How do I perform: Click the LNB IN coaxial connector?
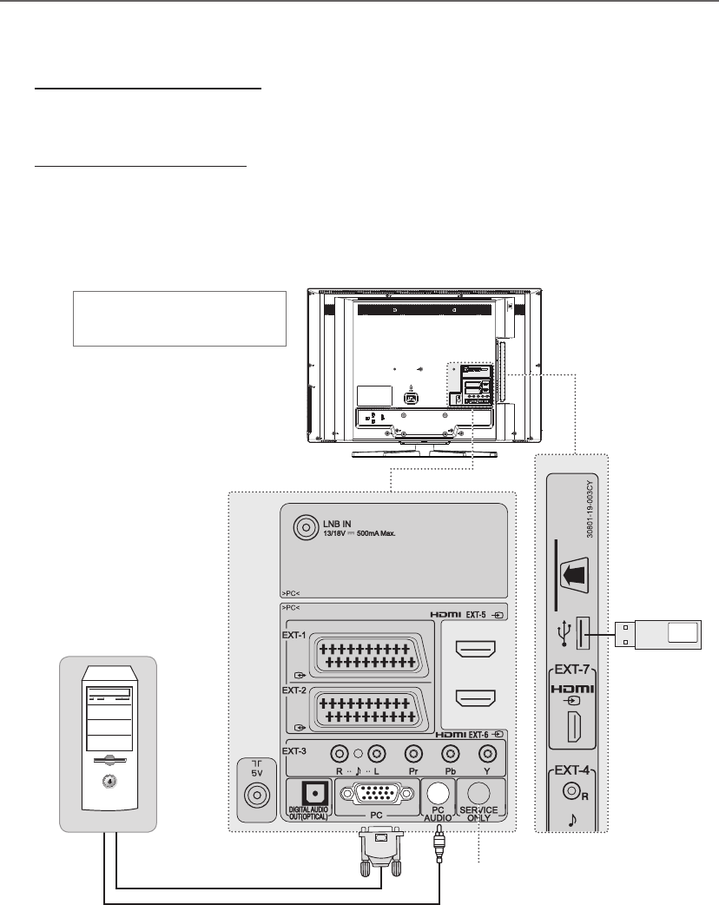[306, 526]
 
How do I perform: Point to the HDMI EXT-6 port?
[476, 697]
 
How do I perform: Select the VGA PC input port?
[377, 794]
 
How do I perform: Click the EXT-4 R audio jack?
[571, 791]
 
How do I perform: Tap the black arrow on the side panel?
[574, 575]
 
